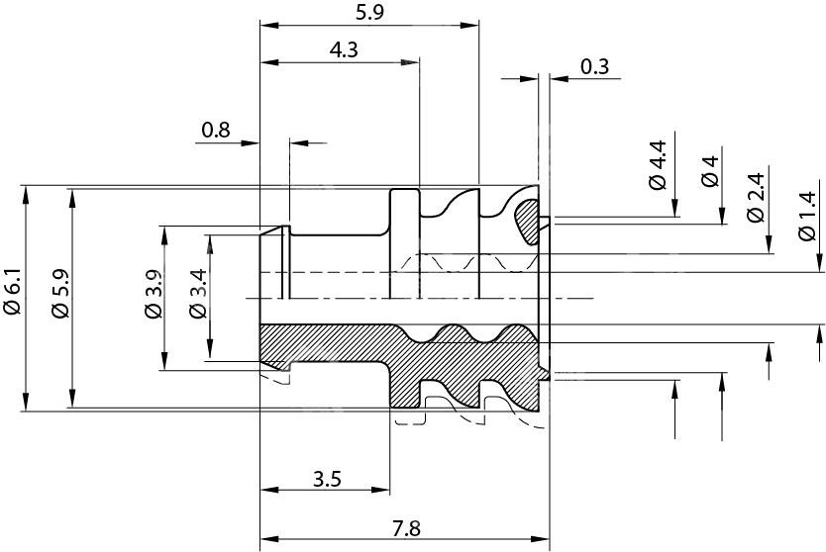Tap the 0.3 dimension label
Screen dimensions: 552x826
(594, 66)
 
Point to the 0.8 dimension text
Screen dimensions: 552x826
(215, 130)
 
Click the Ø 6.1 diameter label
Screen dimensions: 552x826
(11, 294)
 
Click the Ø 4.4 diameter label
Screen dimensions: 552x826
(657, 165)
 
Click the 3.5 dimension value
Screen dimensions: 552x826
(327, 480)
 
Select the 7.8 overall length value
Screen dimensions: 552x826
(406, 529)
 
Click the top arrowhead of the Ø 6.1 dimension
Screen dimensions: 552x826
(26, 194)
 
